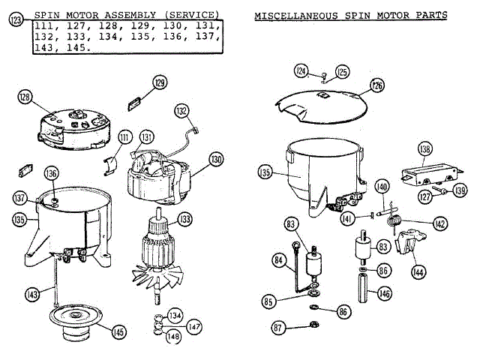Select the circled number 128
pos(25,97)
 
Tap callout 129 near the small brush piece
pos(159,82)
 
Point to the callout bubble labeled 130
pos(216,160)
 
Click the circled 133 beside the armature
pos(183,220)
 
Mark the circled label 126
pos(376,86)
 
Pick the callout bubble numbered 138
pos(426,150)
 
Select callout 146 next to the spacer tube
pos(385,294)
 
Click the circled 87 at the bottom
pos(278,327)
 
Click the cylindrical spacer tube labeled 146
pos(363,289)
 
